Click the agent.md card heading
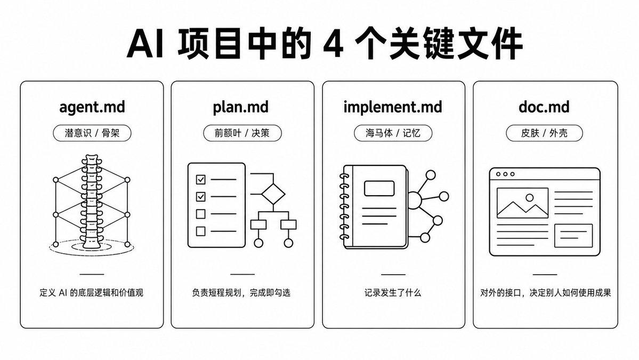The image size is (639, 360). click(x=92, y=107)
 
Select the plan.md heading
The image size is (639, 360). click(x=240, y=107)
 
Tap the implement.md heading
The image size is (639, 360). click(x=392, y=107)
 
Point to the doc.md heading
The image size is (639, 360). click(x=544, y=107)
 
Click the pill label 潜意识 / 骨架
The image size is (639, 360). click(x=92, y=133)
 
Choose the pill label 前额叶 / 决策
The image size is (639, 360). click(x=242, y=133)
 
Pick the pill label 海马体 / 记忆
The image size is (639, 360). click(x=393, y=133)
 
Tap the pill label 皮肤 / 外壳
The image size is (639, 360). click(x=545, y=133)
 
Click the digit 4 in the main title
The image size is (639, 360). click(x=334, y=44)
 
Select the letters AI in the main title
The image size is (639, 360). click(x=146, y=44)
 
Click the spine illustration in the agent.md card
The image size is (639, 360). click(x=91, y=202)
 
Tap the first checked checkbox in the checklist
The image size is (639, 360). click(x=200, y=179)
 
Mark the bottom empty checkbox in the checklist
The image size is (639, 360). click(x=200, y=231)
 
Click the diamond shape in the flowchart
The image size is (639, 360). click(x=273, y=194)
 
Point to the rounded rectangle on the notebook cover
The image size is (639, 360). click(x=379, y=188)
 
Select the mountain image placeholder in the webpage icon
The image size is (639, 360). click(x=522, y=203)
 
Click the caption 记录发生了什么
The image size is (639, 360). click(x=393, y=293)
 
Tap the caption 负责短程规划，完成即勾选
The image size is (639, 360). click(x=241, y=293)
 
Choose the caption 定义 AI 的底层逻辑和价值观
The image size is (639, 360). click(x=91, y=293)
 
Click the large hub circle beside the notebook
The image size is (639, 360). click(x=414, y=200)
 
